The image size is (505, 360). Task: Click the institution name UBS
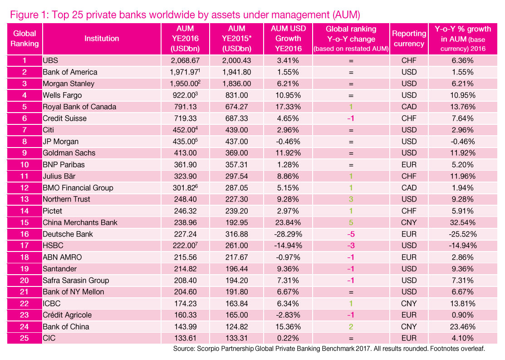[x=50, y=60]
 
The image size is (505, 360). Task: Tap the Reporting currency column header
[x=409, y=39]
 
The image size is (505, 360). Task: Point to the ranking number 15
[x=25, y=222]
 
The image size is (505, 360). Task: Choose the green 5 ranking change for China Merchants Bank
[x=351, y=222]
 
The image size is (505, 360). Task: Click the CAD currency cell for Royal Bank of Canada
[x=409, y=107]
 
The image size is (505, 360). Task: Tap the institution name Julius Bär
[x=58, y=176]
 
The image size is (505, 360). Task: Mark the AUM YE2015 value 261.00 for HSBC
[x=236, y=246]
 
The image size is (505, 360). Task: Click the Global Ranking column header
[x=25, y=39]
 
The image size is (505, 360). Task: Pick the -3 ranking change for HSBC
[x=351, y=246]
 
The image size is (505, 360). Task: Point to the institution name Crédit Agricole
[x=67, y=315]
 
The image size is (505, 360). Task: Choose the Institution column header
[x=102, y=39]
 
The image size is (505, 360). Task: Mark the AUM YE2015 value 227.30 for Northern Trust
[x=236, y=199]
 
